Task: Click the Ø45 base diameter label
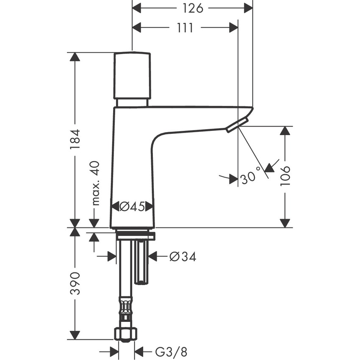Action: [x=132, y=207]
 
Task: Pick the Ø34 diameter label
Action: [x=183, y=257]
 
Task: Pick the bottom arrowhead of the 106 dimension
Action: [x=286, y=222]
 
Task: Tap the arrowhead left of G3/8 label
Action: [x=112, y=352]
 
